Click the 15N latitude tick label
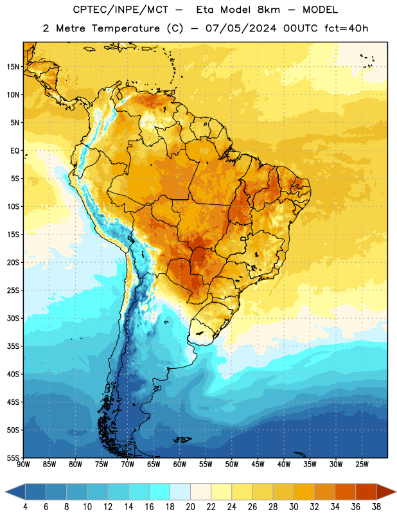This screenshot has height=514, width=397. (13, 67)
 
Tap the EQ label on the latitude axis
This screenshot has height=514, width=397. (15, 151)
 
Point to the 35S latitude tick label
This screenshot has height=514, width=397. (13, 346)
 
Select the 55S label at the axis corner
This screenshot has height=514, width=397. (13, 457)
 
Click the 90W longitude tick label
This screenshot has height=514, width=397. (23, 465)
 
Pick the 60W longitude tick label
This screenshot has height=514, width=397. (180, 465)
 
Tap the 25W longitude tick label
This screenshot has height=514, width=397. (362, 465)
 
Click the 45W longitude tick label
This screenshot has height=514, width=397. (258, 465)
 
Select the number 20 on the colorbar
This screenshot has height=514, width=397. (190, 507)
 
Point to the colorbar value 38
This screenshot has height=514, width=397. (376, 507)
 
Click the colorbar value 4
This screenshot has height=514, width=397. (25, 507)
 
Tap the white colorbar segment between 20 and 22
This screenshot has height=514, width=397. (200, 492)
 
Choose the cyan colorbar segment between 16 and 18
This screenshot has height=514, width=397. (159, 492)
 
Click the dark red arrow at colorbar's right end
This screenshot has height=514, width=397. (385, 492)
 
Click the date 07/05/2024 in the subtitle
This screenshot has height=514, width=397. (241, 28)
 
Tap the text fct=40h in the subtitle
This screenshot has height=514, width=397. (346, 28)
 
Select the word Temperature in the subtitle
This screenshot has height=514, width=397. (125, 29)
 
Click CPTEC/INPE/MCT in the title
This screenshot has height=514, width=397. (120, 10)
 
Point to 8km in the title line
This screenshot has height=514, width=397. (269, 10)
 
